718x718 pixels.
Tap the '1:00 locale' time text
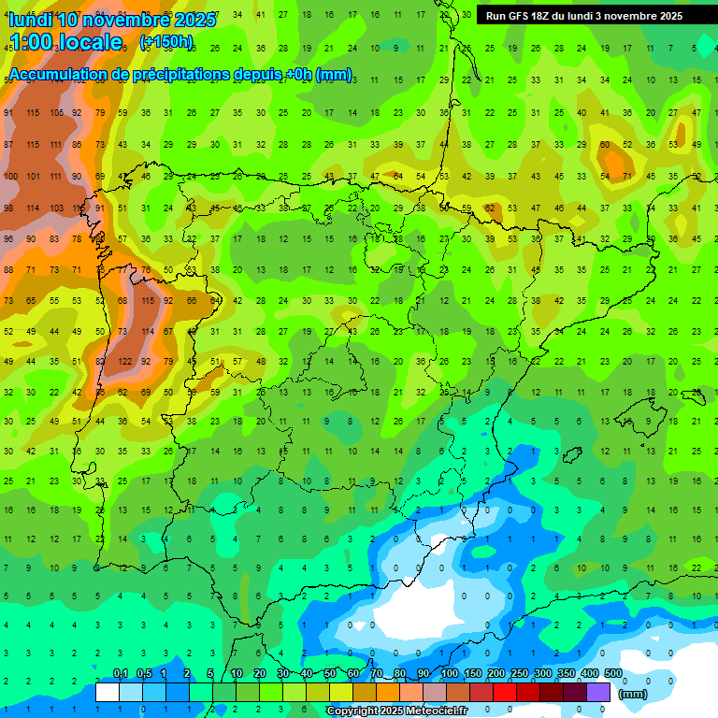point(66,42)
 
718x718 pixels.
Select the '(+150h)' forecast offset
point(166,42)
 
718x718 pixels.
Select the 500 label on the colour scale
point(613,674)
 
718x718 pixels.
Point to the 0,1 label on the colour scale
point(121,674)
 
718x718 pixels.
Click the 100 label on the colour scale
point(450,674)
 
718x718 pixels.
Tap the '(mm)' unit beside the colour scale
point(633,694)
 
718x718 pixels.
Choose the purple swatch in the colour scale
point(598,692)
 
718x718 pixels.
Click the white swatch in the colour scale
point(108,692)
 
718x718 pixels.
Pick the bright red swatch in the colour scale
point(505,692)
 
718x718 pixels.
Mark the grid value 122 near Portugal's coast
point(124,361)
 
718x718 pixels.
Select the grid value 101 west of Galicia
point(33,176)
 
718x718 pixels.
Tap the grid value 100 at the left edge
point(10,176)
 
